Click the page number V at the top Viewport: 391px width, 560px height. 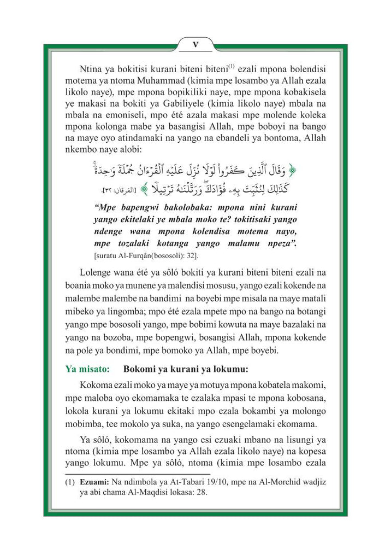(195, 44)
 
